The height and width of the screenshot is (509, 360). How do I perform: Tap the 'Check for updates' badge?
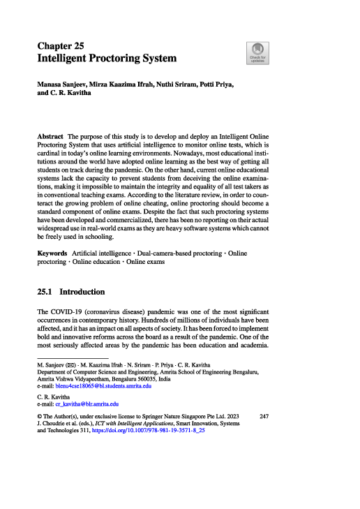256,53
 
